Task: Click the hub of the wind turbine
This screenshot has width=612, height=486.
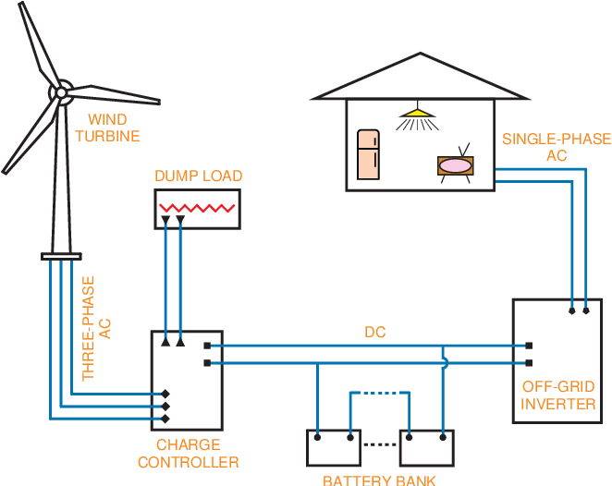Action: point(61,91)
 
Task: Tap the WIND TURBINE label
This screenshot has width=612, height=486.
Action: point(107,128)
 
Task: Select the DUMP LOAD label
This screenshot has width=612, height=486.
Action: point(198,176)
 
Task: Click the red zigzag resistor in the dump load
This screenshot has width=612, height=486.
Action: point(197,208)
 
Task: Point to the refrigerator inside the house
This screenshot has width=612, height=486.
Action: point(369,153)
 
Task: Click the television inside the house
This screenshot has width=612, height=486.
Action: point(455,164)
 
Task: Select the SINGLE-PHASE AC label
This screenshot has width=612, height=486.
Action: point(556,147)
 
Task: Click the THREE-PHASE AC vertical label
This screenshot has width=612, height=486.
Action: point(96,328)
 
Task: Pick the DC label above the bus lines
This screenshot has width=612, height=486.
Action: point(374,332)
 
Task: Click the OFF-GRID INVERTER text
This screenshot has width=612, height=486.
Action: point(557,395)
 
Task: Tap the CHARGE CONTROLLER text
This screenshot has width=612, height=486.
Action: point(189,454)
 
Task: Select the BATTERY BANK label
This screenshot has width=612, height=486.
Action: point(379,480)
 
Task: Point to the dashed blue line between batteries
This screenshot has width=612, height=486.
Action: point(380,394)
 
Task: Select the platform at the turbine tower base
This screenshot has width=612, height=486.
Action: point(61,256)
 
